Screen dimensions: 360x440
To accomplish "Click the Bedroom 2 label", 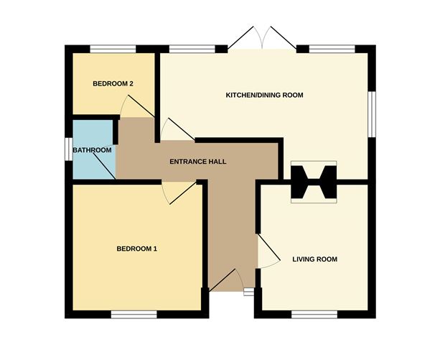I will tap(113, 84).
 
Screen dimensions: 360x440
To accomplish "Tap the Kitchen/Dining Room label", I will tap(264, 95).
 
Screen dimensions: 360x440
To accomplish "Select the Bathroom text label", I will tap(92, 150).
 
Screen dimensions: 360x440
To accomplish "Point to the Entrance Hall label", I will tap(197, 162).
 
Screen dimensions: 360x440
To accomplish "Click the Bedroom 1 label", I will tap(136, 249).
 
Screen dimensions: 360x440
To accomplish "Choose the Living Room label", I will tap(314, 259).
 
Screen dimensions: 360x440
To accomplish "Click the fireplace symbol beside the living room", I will tap(314, 183).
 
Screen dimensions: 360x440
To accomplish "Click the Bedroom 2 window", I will tap(113, 50).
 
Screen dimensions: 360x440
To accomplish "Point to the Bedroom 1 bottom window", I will tap(134, 314).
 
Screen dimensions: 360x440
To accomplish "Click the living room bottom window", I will tap(314, 314).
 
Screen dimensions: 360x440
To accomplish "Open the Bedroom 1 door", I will tap(179, 192).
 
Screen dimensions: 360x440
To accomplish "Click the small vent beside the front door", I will tap(248, 291).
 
